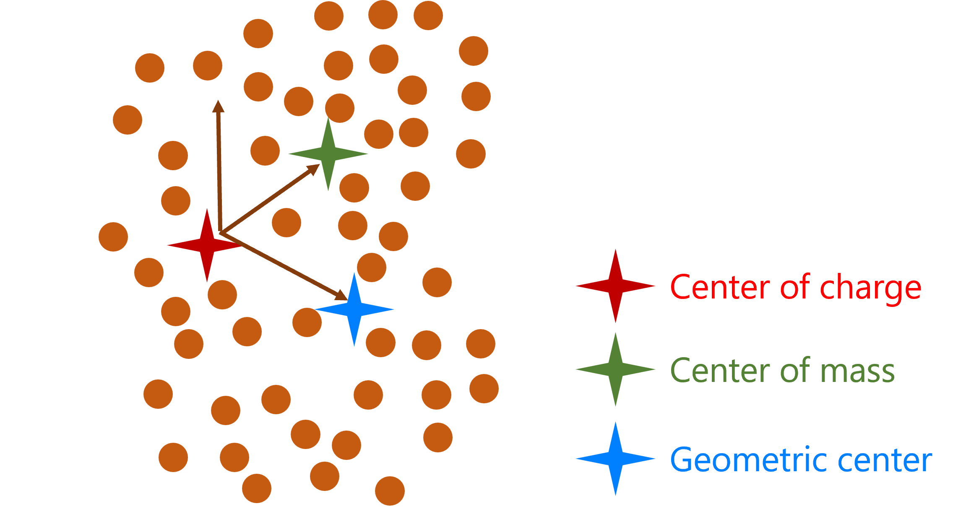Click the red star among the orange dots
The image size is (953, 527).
(x=207, y=245)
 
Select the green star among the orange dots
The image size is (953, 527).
(x=328, y=154)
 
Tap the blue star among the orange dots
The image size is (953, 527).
(x=354, y=309)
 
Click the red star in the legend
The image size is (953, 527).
(x=615, y=286)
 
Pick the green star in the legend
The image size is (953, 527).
(x=615, y=369)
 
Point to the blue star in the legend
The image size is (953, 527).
(x=615, y=459)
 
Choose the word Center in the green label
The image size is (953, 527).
(x=720, y=370)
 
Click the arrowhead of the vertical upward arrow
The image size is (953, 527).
(x=218, y=106)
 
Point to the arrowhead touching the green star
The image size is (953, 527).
(x=313, y=169)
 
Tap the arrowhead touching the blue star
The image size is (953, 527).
(x=341, y=296)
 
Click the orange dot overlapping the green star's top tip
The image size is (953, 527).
(x=340, y=108)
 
